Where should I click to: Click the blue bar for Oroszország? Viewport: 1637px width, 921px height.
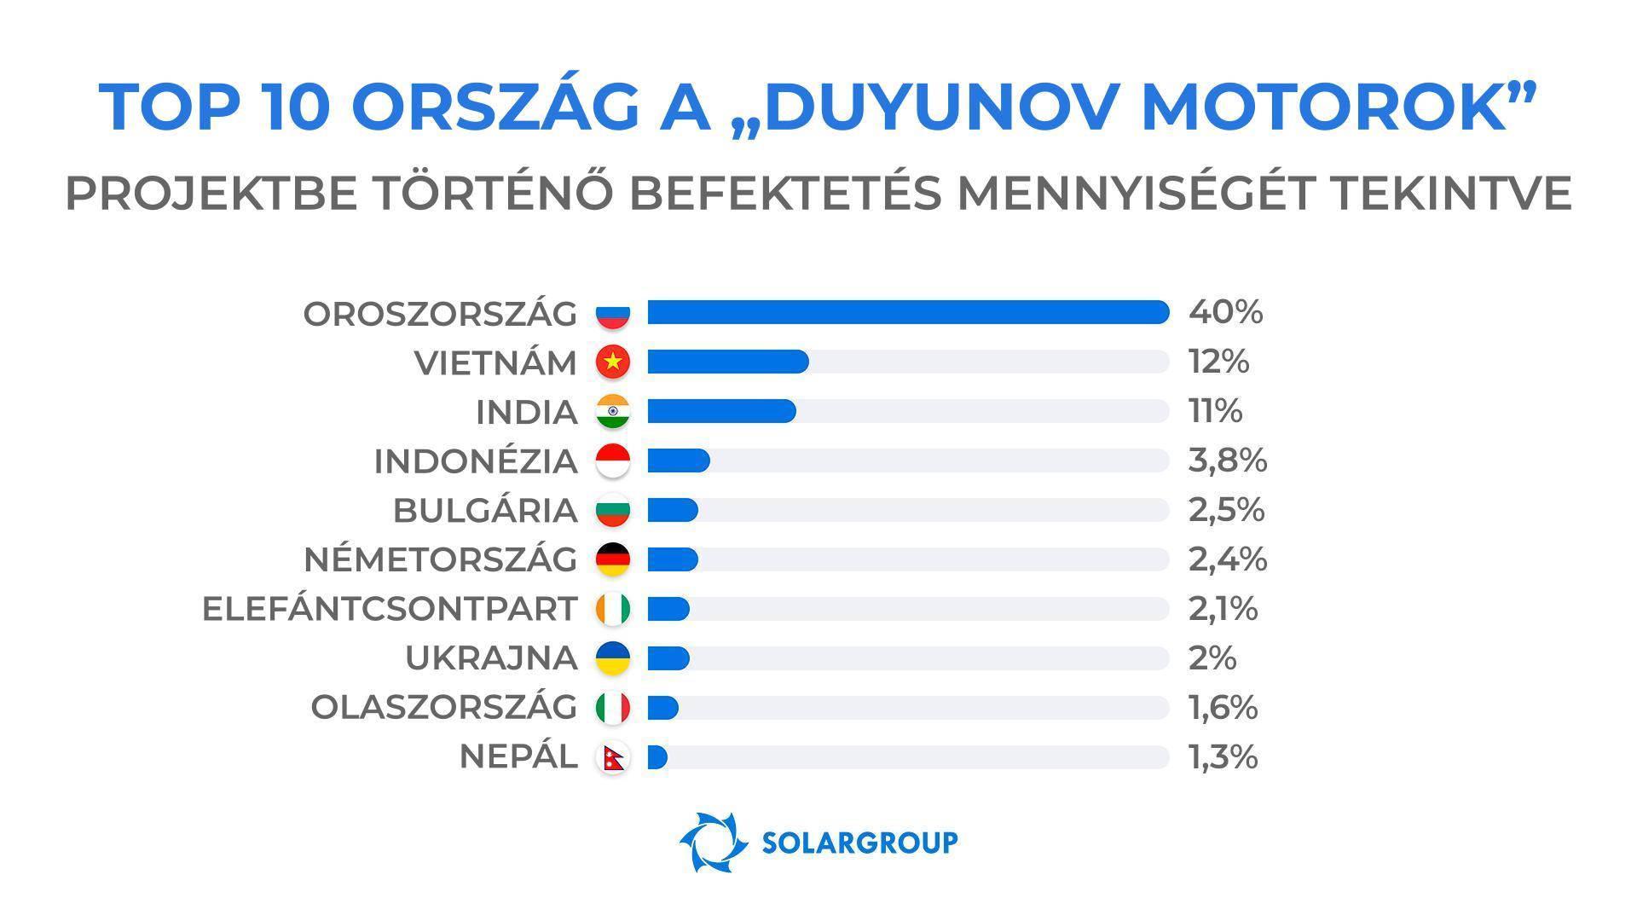pos(908,312)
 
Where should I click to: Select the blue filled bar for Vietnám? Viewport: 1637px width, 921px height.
pos(727,362)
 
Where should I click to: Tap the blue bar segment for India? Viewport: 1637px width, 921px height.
pos(721,411)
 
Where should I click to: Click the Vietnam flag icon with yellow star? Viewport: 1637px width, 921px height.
pos(612,362)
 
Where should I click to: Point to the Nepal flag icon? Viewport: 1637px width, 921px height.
pos(612,757)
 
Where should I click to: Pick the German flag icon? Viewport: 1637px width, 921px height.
pos(612,559)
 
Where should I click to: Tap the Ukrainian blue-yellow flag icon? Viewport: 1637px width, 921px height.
pos(612,658)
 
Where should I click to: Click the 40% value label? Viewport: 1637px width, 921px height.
pos(1225,312)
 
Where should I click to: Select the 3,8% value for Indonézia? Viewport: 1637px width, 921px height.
pos(1227,460)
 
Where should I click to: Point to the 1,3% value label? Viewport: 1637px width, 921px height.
pos(1223,757)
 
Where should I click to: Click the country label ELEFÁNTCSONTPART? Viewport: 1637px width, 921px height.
pos(390,609)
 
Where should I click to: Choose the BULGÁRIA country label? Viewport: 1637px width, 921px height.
pos(485,510)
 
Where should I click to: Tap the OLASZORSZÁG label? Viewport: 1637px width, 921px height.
pos(443,708)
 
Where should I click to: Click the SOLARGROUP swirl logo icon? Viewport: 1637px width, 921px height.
pos(708,842)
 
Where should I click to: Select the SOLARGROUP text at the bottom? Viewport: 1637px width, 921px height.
pos(859,843)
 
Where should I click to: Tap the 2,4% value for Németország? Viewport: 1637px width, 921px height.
pos(1227,559)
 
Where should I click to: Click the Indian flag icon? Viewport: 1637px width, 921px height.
pos(612,411)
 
